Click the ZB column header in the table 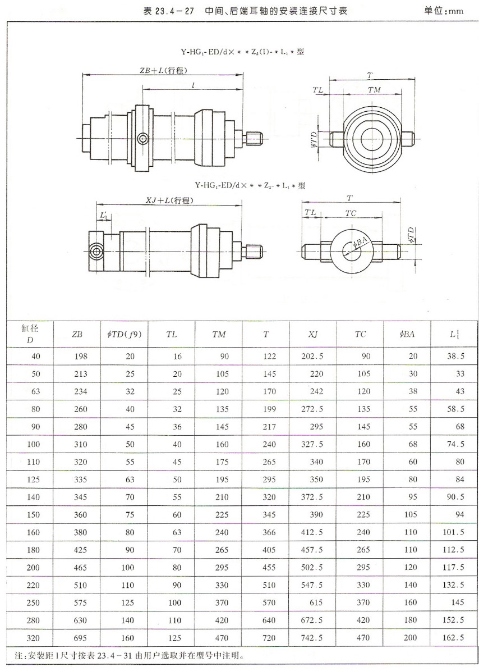tap(77, 334)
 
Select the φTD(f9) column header tap(124, 334)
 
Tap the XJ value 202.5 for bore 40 tap(312, 356)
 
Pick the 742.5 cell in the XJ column tap(312, 638)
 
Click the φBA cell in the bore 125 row tap(408, 479)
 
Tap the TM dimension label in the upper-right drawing tap(374, 90)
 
